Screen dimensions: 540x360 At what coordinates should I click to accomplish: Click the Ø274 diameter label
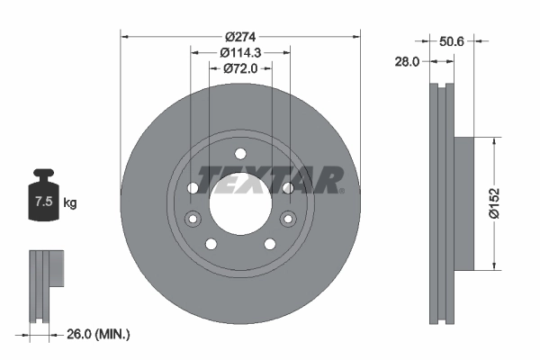tap(240, 37)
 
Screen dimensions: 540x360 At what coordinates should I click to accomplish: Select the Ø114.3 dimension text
tap(240, 53)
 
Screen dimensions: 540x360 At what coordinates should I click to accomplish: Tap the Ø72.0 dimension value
tap(240, 68)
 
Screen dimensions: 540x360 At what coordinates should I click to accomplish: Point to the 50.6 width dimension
tap(452, 41)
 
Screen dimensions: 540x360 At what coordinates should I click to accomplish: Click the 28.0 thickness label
tap(407, 62)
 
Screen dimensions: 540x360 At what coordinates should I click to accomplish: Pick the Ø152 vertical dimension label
tap(494, 203)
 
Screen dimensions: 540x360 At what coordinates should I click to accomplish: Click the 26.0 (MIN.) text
tap(98, 334)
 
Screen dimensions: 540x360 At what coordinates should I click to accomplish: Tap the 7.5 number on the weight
tap(44, 202)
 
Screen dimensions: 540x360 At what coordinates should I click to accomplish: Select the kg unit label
tap(70, 202)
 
